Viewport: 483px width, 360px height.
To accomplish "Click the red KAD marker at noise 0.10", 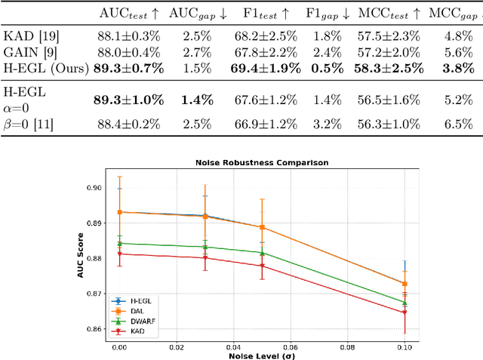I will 405,312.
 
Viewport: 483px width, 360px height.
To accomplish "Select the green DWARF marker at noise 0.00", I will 119,243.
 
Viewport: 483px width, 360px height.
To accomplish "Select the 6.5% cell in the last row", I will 460,124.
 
